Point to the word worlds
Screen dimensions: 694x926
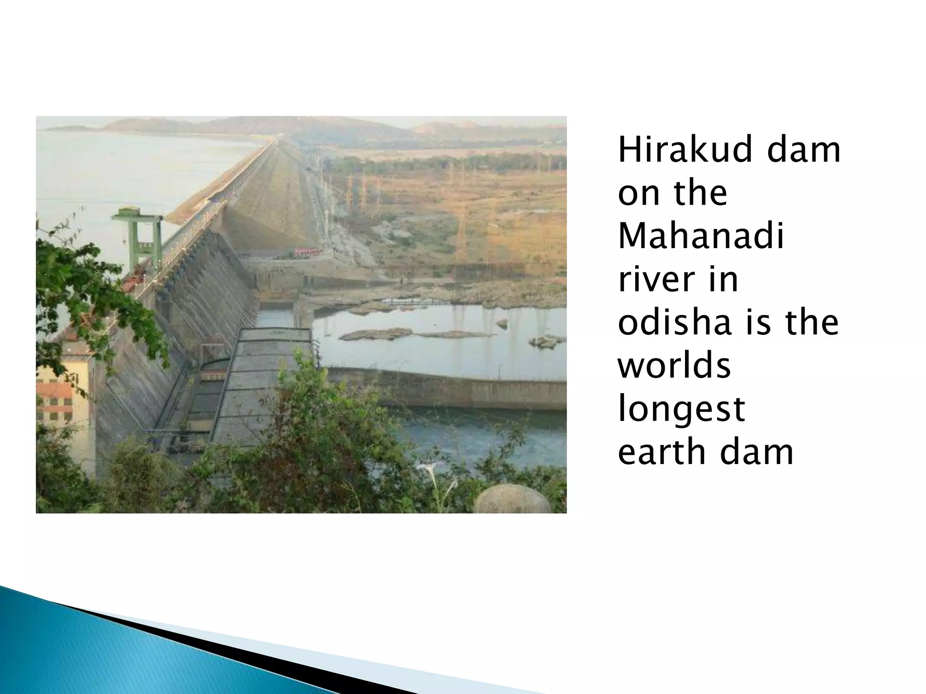pos(674,366)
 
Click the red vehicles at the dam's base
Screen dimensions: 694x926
pos(307,251)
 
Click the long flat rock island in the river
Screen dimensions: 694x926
pos(375,334)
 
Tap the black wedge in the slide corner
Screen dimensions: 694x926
pos(226,651)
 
